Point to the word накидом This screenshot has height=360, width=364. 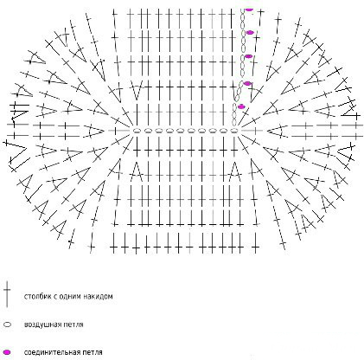click(x=98, y=297)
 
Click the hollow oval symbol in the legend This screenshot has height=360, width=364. click(x=8, y=325)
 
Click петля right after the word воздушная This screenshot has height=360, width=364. click(x=74, y=325)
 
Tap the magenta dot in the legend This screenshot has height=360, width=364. click(x=7, y=352)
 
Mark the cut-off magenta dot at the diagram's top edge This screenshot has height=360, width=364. click(x=249, y=9)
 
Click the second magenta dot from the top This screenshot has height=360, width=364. click(x=250, y=32)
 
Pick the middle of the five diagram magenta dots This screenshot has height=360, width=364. click(x=248, y=56)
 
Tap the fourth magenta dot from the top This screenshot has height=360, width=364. click(x=247, y=83)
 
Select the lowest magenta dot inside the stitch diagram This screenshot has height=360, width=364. click(x=241, y=106)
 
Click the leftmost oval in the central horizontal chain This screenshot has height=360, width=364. click(x=137, y=131)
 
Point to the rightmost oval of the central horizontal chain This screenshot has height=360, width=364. click(x=234, y=131)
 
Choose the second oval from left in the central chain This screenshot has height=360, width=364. click(x=148, y=131)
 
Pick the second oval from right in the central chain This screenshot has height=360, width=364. click(x=224, y=131)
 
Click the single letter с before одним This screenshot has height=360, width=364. click(x=55, y=297)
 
